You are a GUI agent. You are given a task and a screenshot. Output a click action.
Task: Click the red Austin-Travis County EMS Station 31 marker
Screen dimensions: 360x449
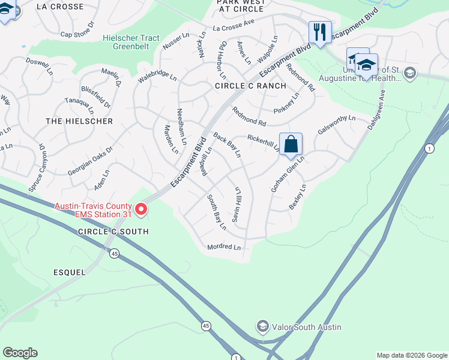click(141, 209)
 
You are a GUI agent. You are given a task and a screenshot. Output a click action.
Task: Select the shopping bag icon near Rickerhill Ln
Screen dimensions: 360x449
click(291, 145)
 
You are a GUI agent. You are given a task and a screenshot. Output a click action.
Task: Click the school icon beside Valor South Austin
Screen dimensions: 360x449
click(262, 327)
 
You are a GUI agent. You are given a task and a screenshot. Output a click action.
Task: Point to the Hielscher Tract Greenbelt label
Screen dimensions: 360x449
click(131, 42)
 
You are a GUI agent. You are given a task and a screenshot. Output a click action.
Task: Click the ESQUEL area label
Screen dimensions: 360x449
click(68, 272)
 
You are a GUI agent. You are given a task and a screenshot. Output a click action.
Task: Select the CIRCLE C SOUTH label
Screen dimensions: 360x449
click(112, 232)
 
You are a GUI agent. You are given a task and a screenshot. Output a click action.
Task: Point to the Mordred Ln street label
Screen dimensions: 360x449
click(223, 247)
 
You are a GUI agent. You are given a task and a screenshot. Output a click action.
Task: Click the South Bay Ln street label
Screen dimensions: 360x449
click(217, 212)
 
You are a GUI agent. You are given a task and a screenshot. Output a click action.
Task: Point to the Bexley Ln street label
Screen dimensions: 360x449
click(298, 197)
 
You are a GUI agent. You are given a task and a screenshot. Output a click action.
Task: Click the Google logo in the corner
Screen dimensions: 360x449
click(20, 353)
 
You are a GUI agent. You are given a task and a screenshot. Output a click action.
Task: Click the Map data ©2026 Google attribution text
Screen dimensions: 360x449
click(411, 355)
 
